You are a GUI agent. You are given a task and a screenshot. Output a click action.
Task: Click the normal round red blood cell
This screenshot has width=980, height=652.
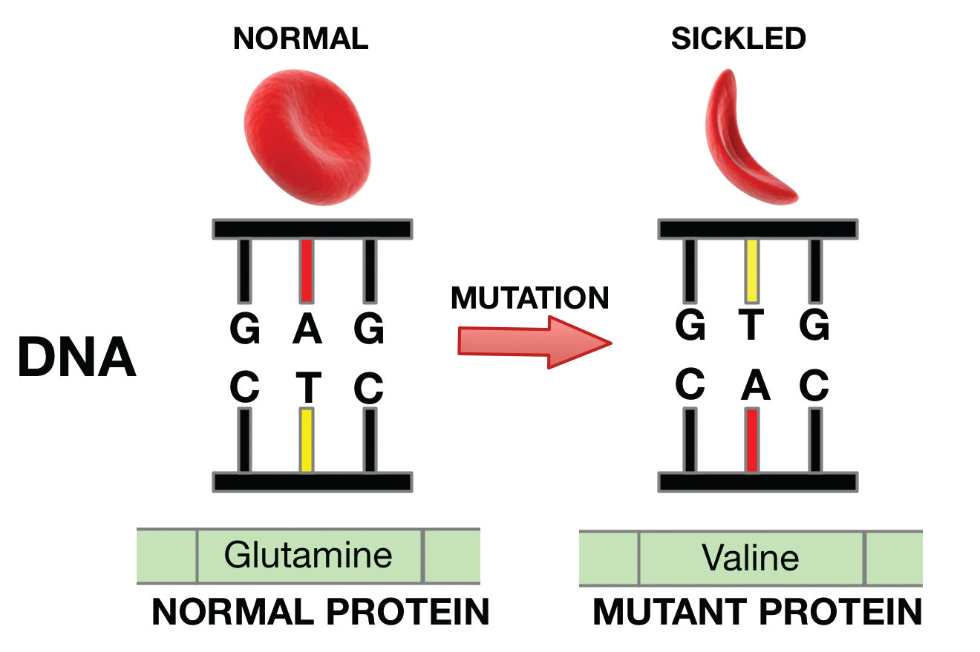coord(305,140)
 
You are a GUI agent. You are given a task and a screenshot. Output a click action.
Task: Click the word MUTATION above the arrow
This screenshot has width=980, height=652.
coord(529,298)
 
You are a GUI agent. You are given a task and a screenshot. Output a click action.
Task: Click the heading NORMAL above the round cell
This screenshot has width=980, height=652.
coord(301,39)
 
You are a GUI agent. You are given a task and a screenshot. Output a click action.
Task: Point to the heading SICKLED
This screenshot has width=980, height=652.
coord(738,39)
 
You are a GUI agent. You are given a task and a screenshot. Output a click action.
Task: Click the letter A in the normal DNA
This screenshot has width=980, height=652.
coord(307,329)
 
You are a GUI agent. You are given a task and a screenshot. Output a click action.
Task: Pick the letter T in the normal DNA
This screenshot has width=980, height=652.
coord(307,386)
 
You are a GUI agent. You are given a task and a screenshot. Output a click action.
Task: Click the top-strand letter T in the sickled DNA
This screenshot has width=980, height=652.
coord(751,326)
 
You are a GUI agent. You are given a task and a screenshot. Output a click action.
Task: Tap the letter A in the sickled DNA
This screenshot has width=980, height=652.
coord(751,385)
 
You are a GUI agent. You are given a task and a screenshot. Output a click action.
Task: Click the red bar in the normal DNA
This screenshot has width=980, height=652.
coord(306,270)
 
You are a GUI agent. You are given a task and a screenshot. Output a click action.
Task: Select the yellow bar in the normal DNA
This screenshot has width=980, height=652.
coord(306,439)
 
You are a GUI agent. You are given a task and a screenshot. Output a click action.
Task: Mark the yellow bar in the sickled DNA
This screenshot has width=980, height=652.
coord(751,270)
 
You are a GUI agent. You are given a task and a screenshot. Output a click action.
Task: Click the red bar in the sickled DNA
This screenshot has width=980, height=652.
coord(751,439)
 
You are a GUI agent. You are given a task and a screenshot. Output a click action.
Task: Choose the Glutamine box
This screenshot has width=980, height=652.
coord(309,556)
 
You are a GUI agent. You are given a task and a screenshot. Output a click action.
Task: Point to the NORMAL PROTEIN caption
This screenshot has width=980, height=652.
coord(320,613)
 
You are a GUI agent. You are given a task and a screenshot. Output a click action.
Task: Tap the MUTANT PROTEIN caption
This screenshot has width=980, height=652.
coord(757,613)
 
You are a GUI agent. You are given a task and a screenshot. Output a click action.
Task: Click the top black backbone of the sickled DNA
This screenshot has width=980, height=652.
coord(757,229)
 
